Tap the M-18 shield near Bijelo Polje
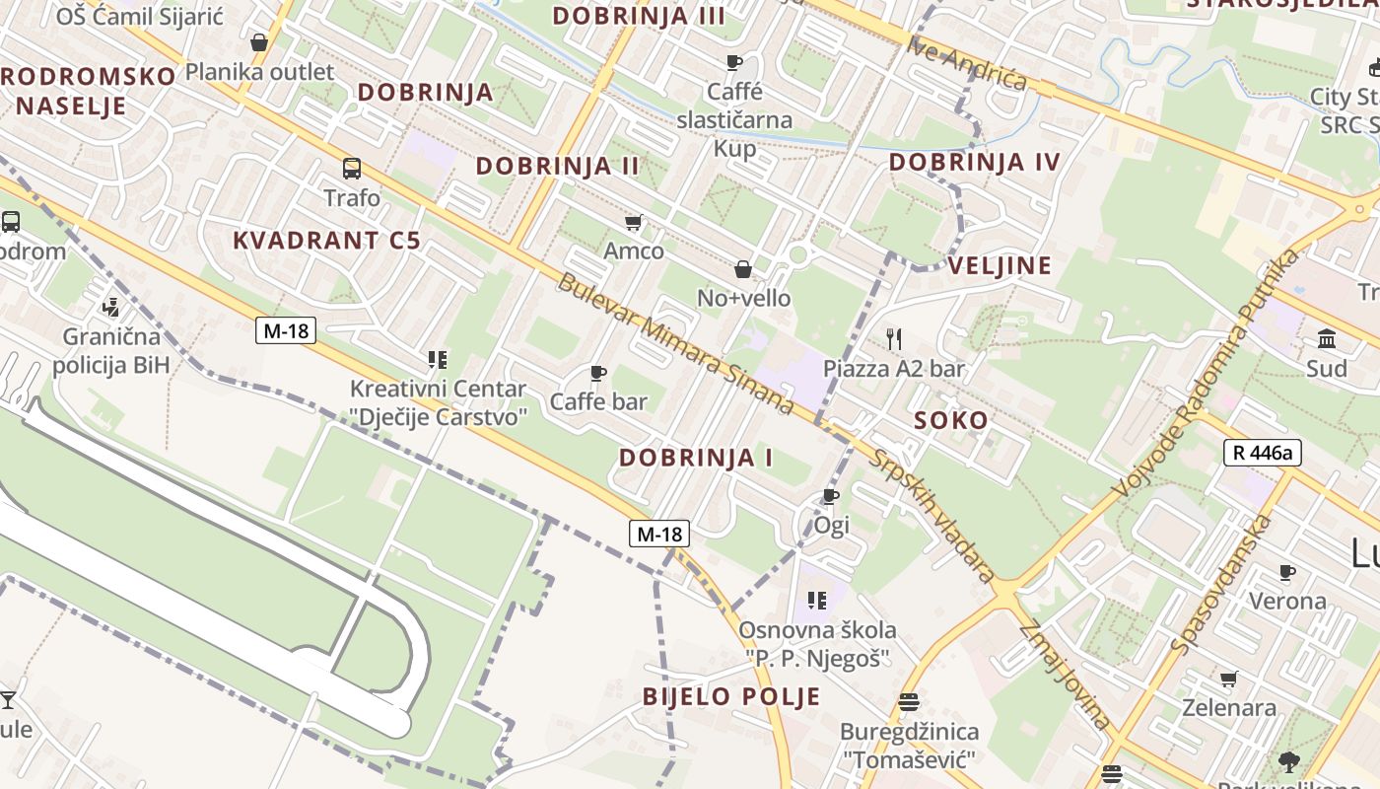[x=659, y=534]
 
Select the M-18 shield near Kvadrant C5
[x=286, y=330]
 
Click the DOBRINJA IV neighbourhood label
[x=974, y=162]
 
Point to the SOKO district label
[x=950, y=420]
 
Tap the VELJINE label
[x=1000, y=264]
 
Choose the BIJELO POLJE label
[x=731, y=696]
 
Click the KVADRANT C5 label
[x=326, y=240]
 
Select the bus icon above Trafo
[x=352, y=168]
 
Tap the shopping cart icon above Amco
[x=633, y=223]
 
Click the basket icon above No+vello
[x=743, y=269]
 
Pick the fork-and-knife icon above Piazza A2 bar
[x=894, y=339]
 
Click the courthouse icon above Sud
[x=1326, y=339]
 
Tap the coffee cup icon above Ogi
[x=831, y=495]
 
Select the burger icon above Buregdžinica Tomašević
[x=908, y=702]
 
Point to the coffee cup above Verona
[x=1286, y=572]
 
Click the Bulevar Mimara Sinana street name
[x=675, y=342]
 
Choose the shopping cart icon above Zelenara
[x=1228, y=679]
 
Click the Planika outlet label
[x=260, y=71]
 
